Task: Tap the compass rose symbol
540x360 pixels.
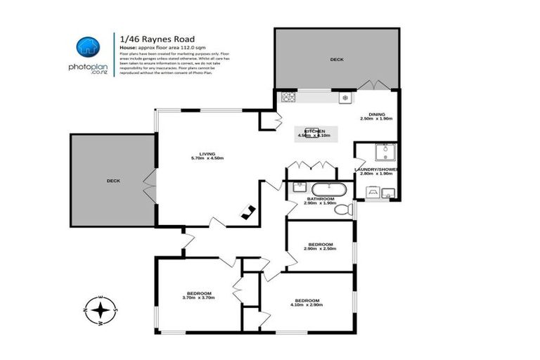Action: pyautogui.click(x=101, y=309)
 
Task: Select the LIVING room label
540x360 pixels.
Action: pyautogui.click(x=206, y=155)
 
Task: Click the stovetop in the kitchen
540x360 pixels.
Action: pyautogui.click(x=288, y=97)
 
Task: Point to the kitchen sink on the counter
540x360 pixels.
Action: pyautogui.click(x=345, y=98)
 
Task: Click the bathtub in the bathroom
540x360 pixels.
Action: pyautogui.click(x=325, y=189)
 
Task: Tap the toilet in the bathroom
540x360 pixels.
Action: pyautogui.click(x=343, y=209)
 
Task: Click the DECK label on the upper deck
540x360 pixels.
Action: pyautogui.click(x=337, y=60)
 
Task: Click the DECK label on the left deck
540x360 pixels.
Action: pyautogui.click(x=113, y=181)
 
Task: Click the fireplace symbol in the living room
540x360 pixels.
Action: pyautogui.click(x=247, y=211)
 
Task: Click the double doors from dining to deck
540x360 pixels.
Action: pyautogui.click(x=372, y=86)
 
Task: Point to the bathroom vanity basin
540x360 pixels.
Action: pyautogui.click(x=298, y=188)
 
